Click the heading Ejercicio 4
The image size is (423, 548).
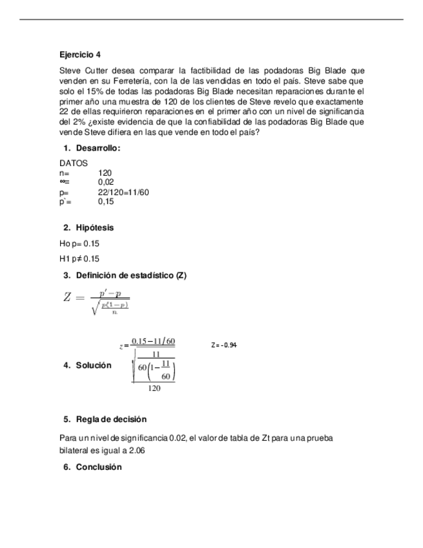(79, 55)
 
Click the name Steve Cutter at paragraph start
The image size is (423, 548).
(81, 70)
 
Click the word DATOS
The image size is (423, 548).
(73, 164)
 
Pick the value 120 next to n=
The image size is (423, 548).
(105, 173)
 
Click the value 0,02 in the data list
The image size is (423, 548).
(107, 183)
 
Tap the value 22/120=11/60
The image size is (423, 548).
(124, 193)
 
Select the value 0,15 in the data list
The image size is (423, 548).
(107, 202)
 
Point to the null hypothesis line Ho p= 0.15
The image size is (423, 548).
(79, 244)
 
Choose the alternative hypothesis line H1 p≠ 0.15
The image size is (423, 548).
(79, 259)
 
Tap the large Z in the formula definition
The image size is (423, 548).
(68, 298)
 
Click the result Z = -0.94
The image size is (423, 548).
(224, 346)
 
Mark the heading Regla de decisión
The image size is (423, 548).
(111, 419)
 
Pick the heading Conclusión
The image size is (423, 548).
(99, 467)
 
